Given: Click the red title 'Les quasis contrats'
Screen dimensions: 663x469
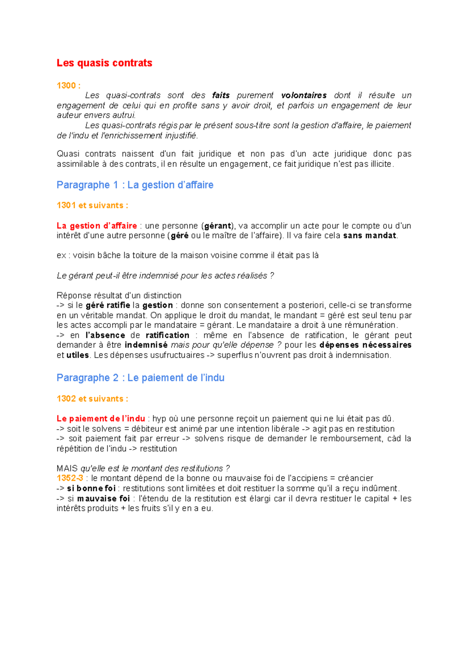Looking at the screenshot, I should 104,63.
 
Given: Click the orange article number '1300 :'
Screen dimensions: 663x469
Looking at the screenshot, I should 68,86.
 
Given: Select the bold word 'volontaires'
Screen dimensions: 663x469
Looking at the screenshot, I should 304,95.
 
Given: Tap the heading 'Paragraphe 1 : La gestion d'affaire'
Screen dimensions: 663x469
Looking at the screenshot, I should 135,185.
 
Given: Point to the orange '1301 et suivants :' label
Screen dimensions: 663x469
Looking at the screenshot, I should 92,205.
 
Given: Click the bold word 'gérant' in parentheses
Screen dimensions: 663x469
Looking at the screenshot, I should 218,226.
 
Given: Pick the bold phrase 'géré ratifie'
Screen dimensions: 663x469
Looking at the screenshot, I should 107,305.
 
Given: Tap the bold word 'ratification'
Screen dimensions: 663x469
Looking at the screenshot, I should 167,335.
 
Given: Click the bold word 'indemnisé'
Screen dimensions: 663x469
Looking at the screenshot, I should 146,345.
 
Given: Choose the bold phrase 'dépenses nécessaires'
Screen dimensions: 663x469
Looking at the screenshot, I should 365,345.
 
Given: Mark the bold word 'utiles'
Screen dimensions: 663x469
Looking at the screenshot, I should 78,355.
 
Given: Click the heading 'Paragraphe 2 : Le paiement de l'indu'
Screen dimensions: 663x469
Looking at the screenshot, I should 140,378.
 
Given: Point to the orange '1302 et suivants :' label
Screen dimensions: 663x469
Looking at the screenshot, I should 92,399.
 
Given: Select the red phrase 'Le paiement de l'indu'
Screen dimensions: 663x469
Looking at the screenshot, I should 101,419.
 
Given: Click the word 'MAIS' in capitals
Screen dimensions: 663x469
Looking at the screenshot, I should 67,468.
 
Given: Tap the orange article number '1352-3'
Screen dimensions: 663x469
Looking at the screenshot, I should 70,478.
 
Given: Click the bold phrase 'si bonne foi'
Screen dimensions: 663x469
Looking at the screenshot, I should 91,488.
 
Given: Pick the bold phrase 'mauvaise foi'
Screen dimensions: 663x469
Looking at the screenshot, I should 104,498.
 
